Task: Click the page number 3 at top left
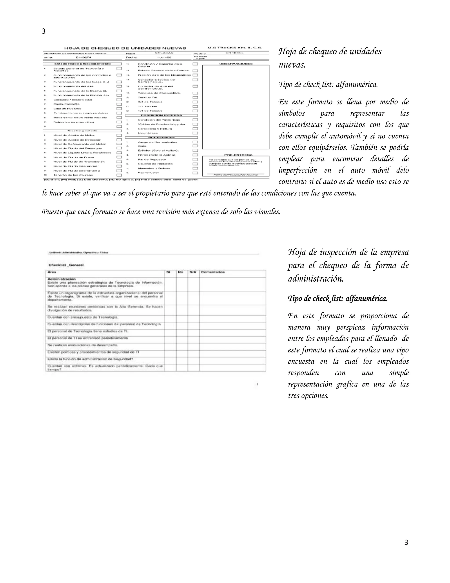click(44, 31)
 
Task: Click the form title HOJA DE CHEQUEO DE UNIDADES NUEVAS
click(125, 48)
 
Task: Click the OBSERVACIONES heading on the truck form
click(236, 64)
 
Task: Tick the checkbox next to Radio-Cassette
click(119, 104)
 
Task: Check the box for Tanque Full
click(195, 97)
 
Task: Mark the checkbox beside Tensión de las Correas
click(119, 175)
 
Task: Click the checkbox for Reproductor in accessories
click(195, 173)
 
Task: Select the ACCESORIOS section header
click(161, 137)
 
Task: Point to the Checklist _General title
click(66, 265)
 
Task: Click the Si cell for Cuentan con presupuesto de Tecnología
click(170, 317)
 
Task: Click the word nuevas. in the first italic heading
click(292, 65)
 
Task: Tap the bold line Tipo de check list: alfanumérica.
click(337, 299)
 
